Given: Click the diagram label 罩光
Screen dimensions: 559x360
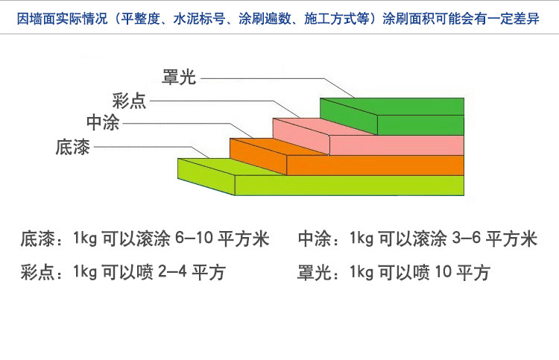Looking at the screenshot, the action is tap(179, 77).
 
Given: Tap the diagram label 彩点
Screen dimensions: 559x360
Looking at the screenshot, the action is tap(129, 101).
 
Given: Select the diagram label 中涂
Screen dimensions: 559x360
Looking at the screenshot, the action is tap(103, 123).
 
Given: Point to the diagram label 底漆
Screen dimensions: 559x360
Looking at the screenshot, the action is tap(72, 147).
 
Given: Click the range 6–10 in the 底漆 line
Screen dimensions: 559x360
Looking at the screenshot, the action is tap(195, 239).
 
